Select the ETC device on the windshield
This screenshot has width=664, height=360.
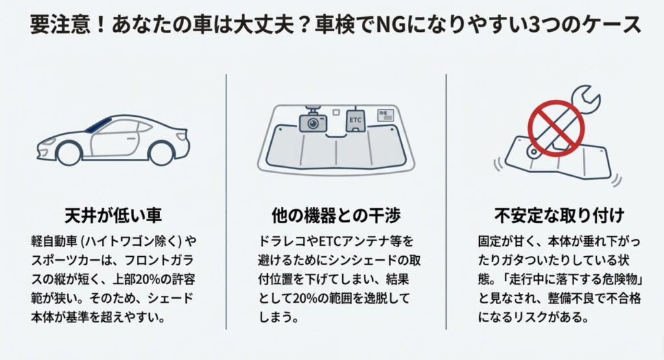coord(356,120)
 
